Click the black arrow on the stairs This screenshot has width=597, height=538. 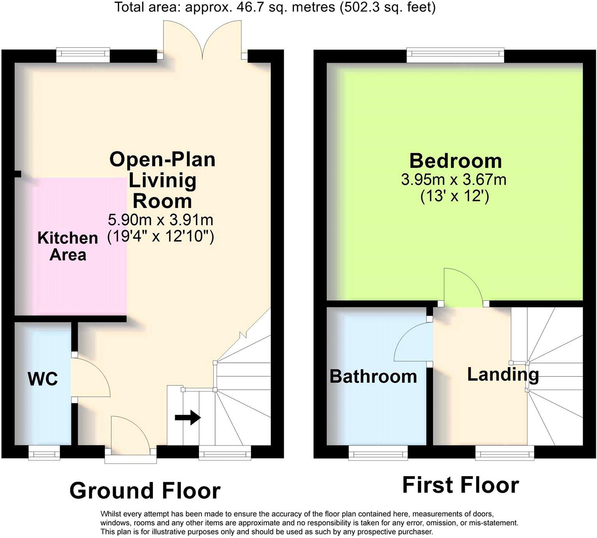click(187, 418)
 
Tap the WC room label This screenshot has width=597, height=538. click(43, 379)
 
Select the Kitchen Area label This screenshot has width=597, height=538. click(68, 246)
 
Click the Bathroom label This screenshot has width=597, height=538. click(373, 376)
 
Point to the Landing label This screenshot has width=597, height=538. click(503, 374)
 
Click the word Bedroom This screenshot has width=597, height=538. click(456, 161)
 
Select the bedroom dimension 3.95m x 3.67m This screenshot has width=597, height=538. click(454, 180)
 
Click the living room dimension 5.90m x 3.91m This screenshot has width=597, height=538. click(161, 220)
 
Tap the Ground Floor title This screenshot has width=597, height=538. click(145, 491)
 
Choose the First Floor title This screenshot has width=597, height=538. click(461, 485)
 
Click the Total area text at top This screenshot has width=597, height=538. click(275, 7)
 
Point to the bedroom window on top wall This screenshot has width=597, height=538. click(455, 55)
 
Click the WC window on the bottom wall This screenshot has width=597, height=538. click(44, 452)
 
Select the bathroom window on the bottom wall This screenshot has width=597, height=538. click(378, 452)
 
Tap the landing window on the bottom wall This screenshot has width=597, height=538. click(504, 452)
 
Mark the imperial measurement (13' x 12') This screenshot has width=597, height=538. click(454, 196)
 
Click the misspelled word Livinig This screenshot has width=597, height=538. click(162, 180)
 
